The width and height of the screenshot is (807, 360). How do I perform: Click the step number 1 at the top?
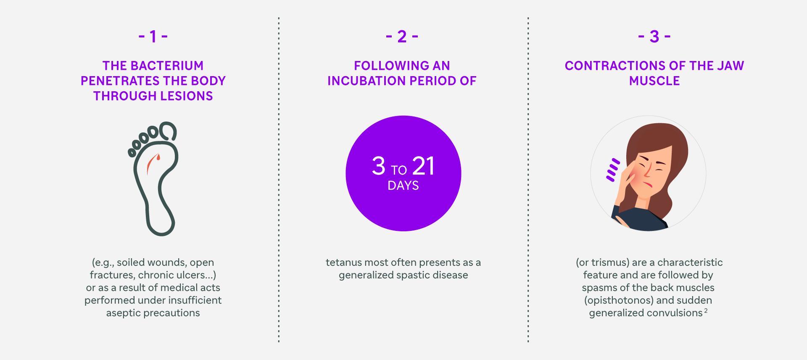(153, 37)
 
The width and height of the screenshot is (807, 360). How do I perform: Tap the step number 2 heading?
(402, 37)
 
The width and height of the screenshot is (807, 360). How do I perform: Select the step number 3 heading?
(654, 37)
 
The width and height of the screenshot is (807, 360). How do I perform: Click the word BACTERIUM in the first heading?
(167, 66)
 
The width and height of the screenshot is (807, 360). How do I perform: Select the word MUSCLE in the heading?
(654, 81)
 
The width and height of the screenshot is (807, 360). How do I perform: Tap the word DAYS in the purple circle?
(403, 186)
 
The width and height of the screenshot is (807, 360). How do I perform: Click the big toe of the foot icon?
(168, 131)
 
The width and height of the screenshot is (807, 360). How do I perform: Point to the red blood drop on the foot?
(158, 158)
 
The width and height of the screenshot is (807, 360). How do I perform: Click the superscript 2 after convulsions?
(706, 311)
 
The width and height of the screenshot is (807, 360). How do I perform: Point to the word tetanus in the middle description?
(343, 262)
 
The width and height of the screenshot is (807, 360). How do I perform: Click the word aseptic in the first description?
(123, 313)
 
